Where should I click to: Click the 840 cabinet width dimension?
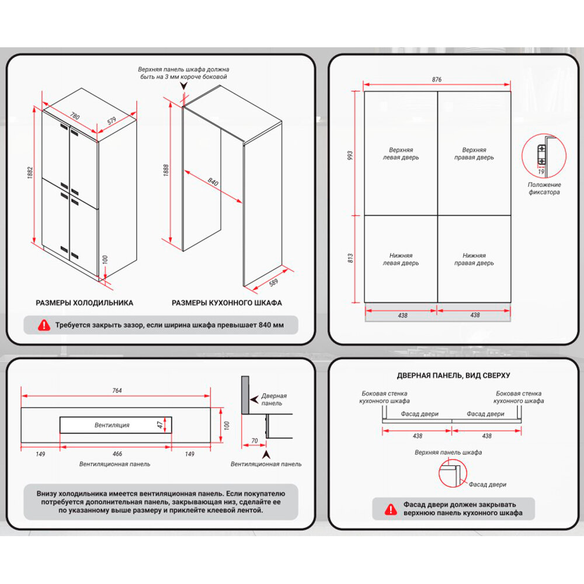(x=213, y=183)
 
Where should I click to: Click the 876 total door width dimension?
(x=437, y=79)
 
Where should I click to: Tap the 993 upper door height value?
(x=350, y=155)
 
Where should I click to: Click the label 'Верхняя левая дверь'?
(x=401, y=154)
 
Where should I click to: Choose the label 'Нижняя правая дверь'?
(x=474, y=259)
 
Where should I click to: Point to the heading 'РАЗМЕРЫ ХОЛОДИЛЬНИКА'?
(x=85, y=303)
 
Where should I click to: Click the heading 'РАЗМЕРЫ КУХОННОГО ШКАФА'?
(x=227, y=303)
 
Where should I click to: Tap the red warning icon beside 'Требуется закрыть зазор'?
(x=44, y=325)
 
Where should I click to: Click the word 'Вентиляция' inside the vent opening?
(x=112, y=425)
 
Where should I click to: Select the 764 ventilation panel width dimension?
(x=116, y=391)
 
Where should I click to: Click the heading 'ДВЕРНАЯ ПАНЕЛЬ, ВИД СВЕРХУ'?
(x=453, y=376)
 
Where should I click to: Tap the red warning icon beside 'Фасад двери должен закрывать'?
(x=389, y=509)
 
